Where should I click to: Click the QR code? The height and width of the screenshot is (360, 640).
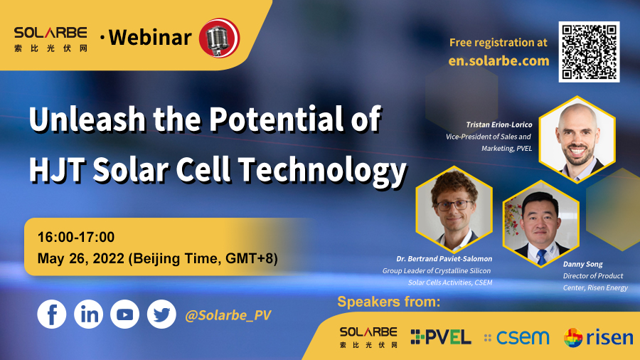tap(589, 52)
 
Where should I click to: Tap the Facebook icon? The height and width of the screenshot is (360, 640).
tap(52, 314)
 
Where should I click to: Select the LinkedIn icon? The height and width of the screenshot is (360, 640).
tap(89, 314)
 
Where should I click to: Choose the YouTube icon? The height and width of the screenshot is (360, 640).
tap(125, 314)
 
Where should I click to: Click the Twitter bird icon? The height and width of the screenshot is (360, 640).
tap(161, 314)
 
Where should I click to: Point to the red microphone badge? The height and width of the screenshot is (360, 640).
tap(219, 38)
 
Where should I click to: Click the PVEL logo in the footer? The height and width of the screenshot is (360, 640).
tap(441, 337)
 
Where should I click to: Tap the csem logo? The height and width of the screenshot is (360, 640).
tap(517, 337)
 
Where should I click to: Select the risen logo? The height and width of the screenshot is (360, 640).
tap(598, 337)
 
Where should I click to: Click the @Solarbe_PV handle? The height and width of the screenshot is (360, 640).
tap(228, 315)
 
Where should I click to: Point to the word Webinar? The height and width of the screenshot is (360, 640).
tap(150, 38)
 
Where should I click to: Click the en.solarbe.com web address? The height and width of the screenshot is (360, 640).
tap(498, 60)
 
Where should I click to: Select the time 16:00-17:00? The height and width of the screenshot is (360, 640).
tap(76, 237)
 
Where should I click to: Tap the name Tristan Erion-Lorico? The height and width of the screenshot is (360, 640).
tap(499, 125)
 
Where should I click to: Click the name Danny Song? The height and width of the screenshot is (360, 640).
tap(583, 264)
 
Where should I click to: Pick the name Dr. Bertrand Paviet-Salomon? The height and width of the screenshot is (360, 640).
tap(444, 259)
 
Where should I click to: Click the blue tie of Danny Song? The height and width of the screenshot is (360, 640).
tap(542, 257)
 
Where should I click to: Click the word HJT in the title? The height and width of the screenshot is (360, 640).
tap(58, 169)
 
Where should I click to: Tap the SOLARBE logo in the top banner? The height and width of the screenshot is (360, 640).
tap(50, 39)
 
